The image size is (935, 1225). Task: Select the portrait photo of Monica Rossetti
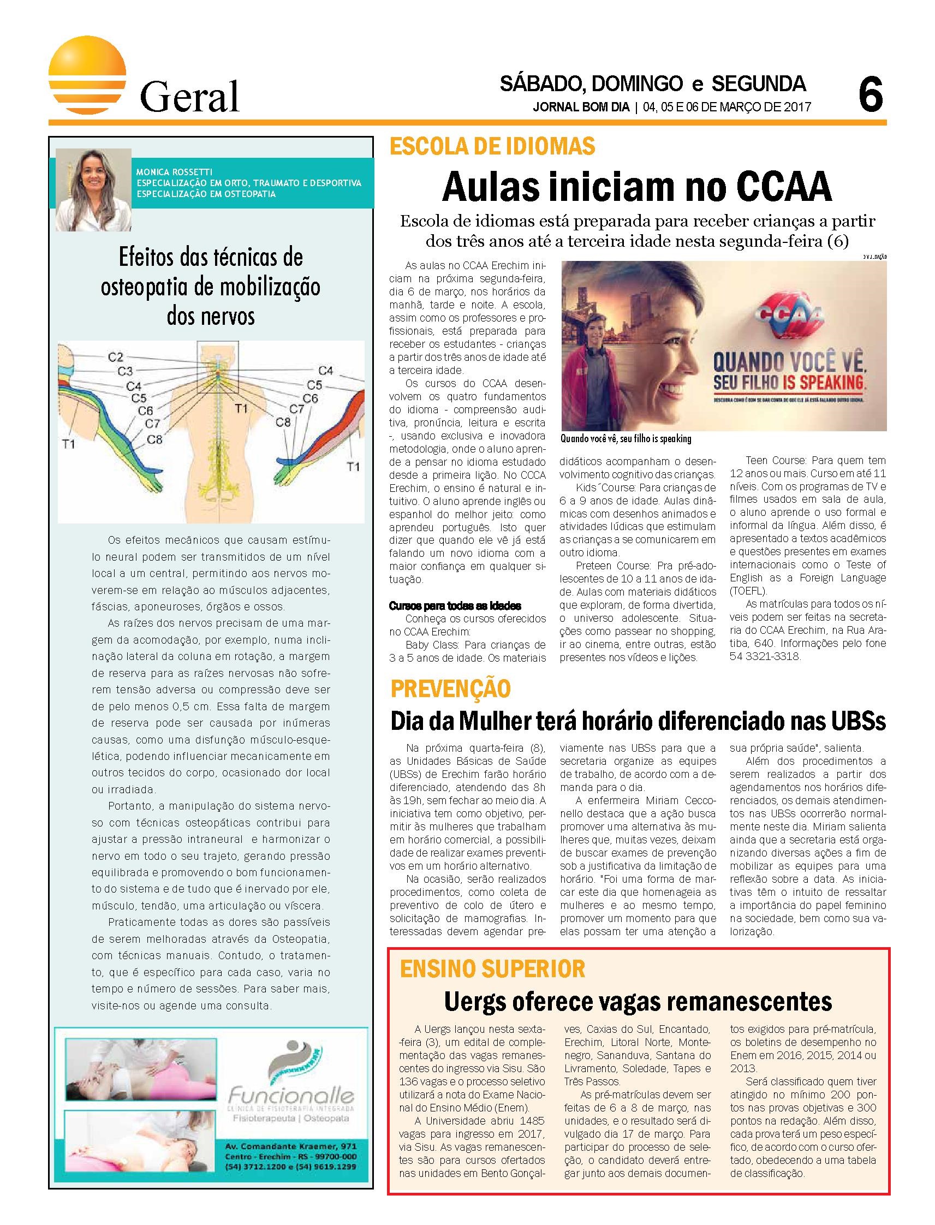tap(93, 189)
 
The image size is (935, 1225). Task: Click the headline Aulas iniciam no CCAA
tap(636, 188)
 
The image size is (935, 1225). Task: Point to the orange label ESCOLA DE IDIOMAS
tap(492, 147)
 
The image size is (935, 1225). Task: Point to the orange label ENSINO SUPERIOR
tap(492, 969)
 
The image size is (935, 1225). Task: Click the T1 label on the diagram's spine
tap(240, 408)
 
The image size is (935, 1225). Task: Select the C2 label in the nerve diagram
tap(116, 357)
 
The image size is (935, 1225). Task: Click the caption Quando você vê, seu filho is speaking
tap(626, 438)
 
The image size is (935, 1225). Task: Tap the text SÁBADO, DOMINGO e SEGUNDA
tap(653, 84)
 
